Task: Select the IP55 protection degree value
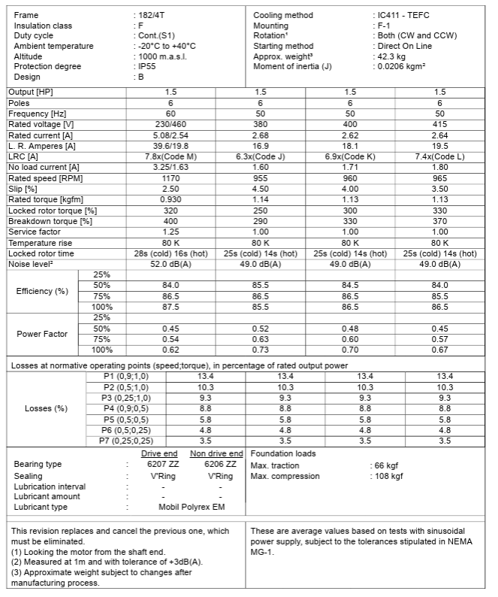[147, 66]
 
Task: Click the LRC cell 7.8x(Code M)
[171, 156]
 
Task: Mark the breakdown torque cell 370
[439, 221]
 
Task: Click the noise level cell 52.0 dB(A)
[171, 265]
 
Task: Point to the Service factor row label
[34, 232]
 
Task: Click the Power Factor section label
[42, 334]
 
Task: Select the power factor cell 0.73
[260, 350]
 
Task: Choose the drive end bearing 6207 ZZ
[159, 465]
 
